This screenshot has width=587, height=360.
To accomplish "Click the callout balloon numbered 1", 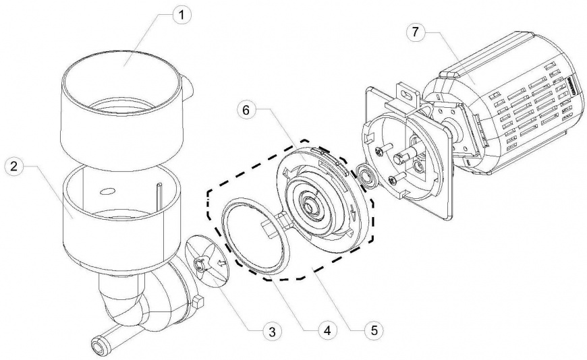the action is [x=181, y=16].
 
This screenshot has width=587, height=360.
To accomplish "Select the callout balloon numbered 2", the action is [x=14, y=166].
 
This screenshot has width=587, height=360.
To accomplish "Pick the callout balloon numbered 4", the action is [x=327, y=330].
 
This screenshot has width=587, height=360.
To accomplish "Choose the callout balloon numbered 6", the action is [x=246, y=110].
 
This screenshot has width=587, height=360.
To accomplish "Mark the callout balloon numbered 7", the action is [x=415, y=32].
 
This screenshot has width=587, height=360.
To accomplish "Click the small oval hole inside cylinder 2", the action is [x=106, y=191].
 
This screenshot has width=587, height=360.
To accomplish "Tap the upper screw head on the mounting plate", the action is [x=380, y=151].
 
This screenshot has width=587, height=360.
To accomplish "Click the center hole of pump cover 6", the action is [x=310, y=205].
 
